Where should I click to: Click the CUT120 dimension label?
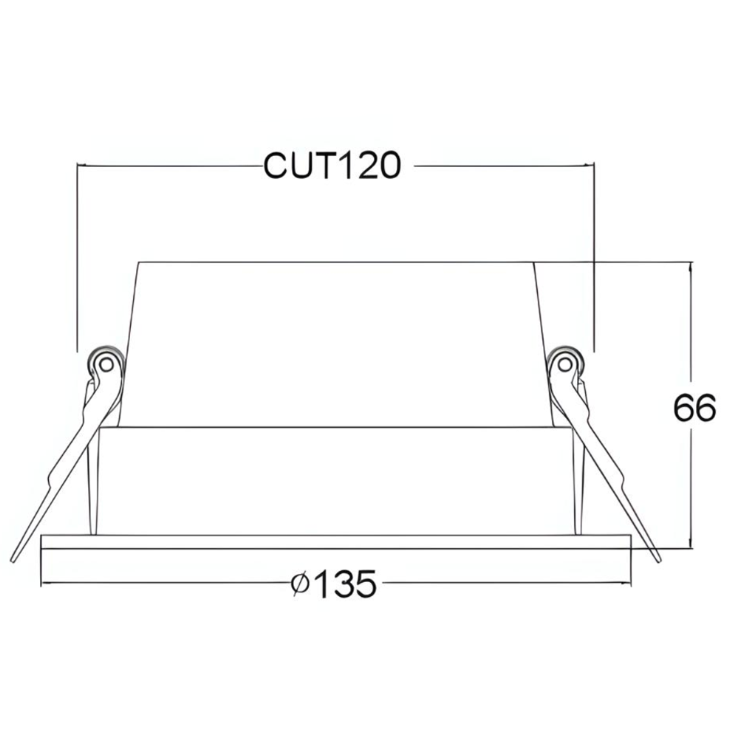[x=332, y=165]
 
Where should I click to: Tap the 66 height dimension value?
[x=695, y=408]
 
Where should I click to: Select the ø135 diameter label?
[x=332, y=584]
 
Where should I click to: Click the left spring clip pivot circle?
[x=106, y=363]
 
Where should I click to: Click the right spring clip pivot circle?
[x=564, y=363]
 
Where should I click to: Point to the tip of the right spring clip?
[x=658, y=559]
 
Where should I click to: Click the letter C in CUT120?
[x=276, y=165]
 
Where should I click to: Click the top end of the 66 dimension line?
[x=691, y=263]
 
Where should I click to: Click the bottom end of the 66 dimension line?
[x=691, y=546]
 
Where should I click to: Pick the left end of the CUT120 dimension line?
[x=77, y=166]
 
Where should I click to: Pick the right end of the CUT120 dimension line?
[x=593, y=166]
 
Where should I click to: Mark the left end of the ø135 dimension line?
[x=41, y=584]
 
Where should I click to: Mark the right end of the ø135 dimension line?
[x=631, y=584]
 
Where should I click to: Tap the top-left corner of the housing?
[x=139, y=262]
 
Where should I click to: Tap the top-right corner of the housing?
[x=535, y=262]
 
